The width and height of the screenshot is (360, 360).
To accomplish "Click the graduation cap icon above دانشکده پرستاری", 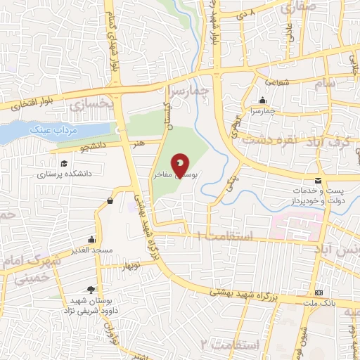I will [64, 164].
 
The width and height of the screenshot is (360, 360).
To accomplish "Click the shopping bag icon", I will [110, 201].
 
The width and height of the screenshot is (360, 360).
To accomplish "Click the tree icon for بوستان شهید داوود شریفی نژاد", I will [90, 290].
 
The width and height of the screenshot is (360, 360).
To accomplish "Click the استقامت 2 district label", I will [228, 345].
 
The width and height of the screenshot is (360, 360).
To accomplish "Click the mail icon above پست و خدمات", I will [319, 180].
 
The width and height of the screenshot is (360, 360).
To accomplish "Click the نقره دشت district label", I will [268, 140].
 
